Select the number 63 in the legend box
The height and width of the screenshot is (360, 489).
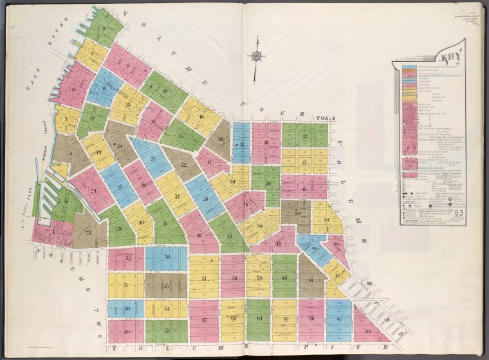(459, 213)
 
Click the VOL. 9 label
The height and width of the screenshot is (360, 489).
(327, 118)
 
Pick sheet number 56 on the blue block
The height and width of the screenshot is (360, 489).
(166, 256)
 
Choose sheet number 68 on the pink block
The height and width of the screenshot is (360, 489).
(368, 331)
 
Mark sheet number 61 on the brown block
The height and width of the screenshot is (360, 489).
(310, 281)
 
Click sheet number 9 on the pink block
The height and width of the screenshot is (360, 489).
(127, 66)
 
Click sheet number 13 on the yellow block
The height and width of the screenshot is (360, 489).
(127, 104)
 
